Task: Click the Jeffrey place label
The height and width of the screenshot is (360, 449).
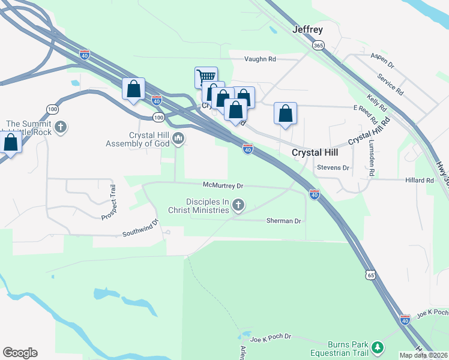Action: coord(307,29)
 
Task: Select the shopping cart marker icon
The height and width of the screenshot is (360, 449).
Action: coord(206,76)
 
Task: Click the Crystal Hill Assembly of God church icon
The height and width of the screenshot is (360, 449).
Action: coord(178,139)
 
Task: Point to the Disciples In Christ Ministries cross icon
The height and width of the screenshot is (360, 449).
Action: coord(238,206)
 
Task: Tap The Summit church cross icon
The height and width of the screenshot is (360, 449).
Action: coord(60,127)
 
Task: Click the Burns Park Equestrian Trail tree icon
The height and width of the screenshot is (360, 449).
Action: coord(377,347)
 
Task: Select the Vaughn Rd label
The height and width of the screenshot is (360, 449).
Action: coord(259,59)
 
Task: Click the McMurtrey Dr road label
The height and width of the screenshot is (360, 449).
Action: coord(223,186)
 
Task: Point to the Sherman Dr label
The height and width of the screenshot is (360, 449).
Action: coord(283,221)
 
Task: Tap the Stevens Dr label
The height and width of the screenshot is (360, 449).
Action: coord(333,168)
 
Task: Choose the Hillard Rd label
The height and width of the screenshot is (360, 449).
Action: coord(418,180)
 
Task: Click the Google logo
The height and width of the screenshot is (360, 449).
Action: coord(20,353)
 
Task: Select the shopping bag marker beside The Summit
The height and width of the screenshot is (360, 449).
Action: coord(10,142)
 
